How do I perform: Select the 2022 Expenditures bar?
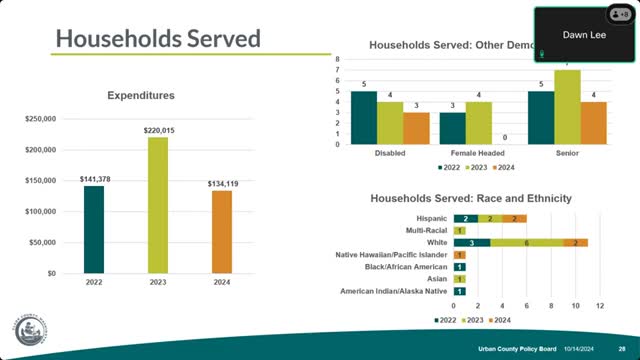pyautogui.click(x=93, y=229)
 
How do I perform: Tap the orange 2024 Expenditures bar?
pyautogui.click(x=221, y=231)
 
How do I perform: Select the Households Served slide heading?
pyautogui.click(x=158, y=39)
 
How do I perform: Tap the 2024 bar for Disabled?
pyautogui.click(x=415, y=128)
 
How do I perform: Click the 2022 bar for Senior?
pyautogui.click(x=541, y=117)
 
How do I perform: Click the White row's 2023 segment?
pyautogui.click(x=527, y=242)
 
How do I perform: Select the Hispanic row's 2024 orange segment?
pyautogui.click(x=514, y=218)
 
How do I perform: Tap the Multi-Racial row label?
pyautogui.click(x=426, y=230)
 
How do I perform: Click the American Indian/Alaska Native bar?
pyautogui.click(x=460, y=291)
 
